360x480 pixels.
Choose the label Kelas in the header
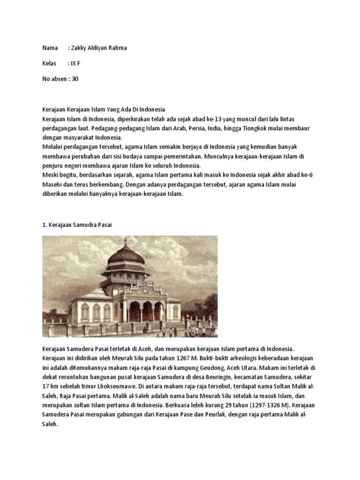click(49, 63)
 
